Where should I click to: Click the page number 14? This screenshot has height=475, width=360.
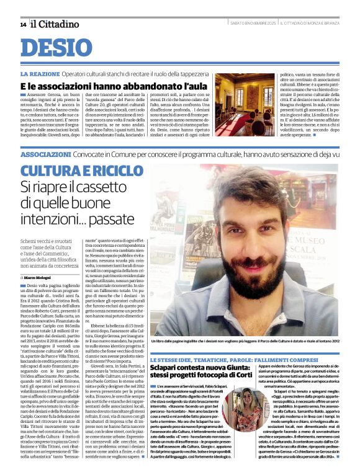point(23,24)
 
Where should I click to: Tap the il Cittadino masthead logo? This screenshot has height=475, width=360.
point(55,24)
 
